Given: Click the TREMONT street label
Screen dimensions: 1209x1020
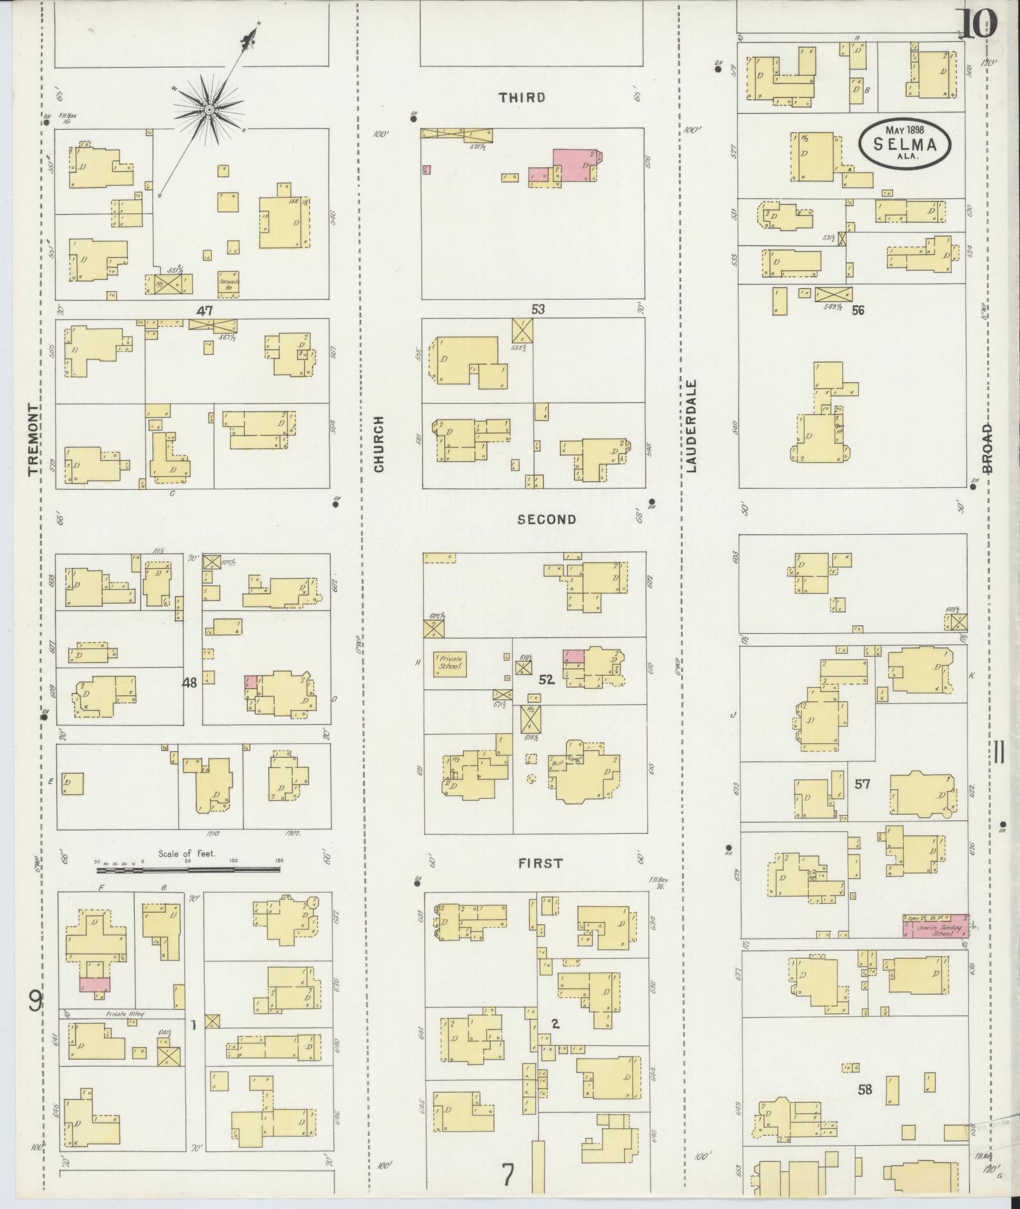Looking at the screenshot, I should click(34, 440).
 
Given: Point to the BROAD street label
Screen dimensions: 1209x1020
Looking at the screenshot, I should click(987, 448).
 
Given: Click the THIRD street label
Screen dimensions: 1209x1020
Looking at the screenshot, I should click(522, 97).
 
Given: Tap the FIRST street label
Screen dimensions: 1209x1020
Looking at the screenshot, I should click(540, 863).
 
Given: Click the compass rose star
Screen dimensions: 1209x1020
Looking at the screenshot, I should click(208, 111).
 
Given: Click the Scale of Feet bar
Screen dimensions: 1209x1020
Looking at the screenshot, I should click(187, 870).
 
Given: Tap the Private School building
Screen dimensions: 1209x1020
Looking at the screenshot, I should click(450, 664).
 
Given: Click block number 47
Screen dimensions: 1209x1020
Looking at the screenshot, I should click(204, 310).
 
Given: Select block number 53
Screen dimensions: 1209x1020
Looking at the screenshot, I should click(538, 310).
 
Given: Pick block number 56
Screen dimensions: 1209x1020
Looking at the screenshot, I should click(857, 310).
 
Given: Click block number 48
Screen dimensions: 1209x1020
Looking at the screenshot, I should click(190, 683).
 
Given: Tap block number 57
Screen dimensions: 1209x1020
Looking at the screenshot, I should click(862, 784).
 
